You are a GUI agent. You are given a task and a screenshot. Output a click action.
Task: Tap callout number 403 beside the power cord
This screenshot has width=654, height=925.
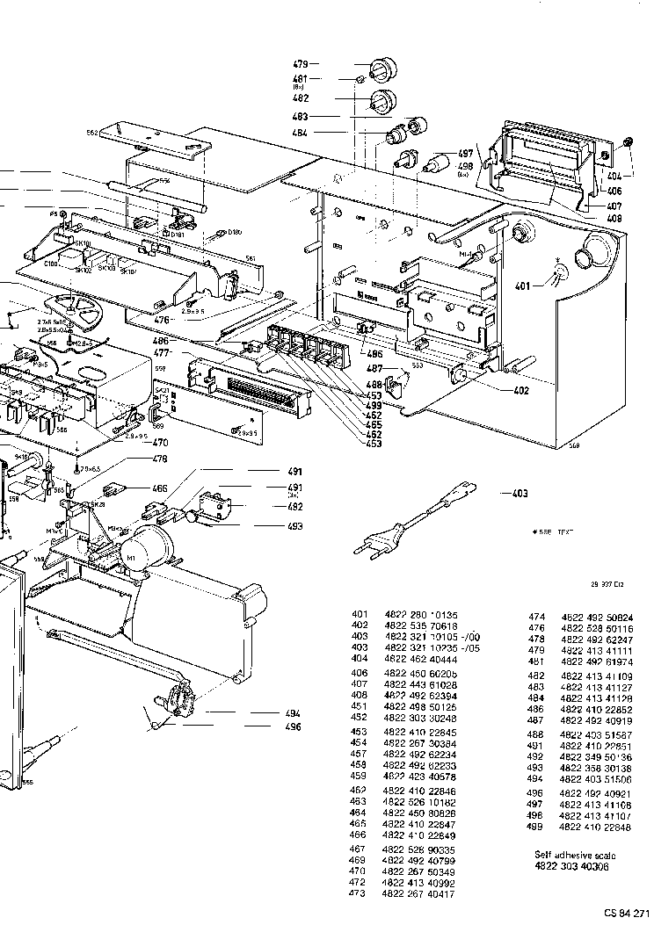coord(520,494)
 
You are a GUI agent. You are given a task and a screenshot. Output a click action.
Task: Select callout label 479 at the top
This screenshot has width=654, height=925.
coord(301,64)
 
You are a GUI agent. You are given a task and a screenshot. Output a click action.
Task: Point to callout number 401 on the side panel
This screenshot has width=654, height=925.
coord(523,285)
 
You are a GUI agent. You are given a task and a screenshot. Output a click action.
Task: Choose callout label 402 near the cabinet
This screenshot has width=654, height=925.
coord(521,390)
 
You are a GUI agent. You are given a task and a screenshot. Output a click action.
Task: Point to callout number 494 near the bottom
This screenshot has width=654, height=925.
coord(294,713)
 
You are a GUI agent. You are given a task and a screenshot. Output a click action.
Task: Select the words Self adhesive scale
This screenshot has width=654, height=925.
coord(576,855)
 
